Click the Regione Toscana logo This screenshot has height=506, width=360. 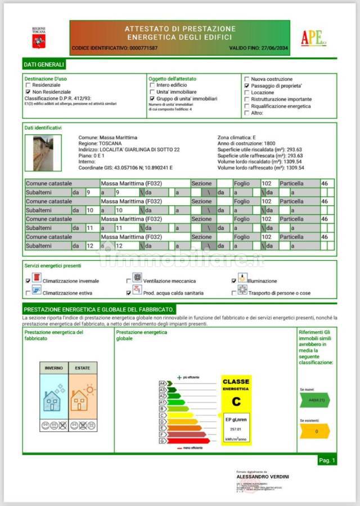pyautogui.click(x=39, y=38)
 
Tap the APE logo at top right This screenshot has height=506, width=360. pyautogui.click(x=313, y=38)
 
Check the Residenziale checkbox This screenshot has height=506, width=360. pyautogui.click(x=28, y=85)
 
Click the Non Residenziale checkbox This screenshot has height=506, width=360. pyautogui.click(x=28, y=91)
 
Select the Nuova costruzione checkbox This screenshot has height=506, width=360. pyautogui.click(x=246, y=79)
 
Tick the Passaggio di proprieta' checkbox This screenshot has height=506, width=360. pyautogui.click(x=246, y=86)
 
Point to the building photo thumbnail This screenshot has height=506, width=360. pyautogui.click(x=43, y=152)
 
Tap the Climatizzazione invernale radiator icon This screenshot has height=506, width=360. pyautogui.click(x=37, y=278)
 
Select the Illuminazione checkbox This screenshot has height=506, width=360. pyautogui.click(x=234, y=281)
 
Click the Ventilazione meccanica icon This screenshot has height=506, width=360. pyautogui.click(x=137, y=278)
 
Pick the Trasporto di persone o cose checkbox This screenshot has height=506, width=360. pyautogui.click(x=234, y=293)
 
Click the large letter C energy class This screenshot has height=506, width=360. pyautogui.click(x=236, y=401)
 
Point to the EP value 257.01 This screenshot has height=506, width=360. pyautogui.click(x=236, y=428)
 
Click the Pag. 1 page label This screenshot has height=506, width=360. pyautogui.click(x=327, y=460)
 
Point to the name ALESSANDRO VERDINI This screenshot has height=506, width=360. pyautogui.click(x=263, y=477)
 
